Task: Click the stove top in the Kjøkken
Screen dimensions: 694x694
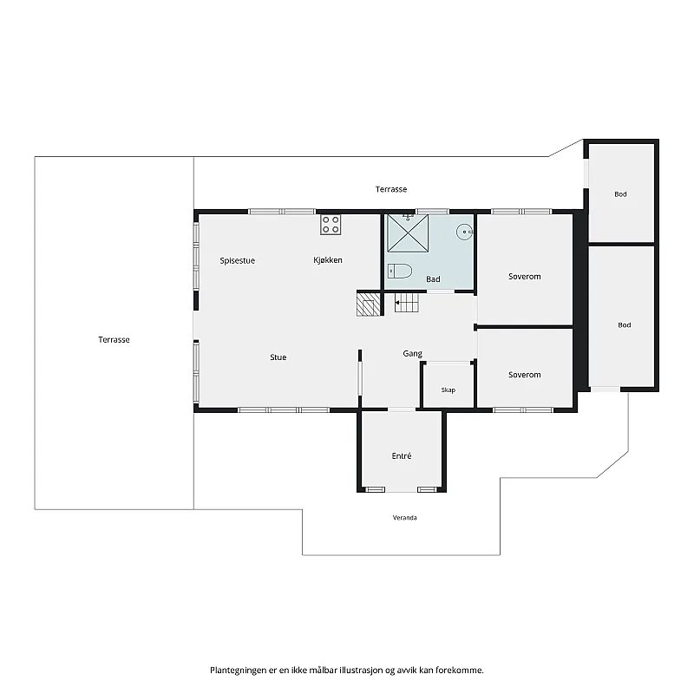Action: tap(331, 225)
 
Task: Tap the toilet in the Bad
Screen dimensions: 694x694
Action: tap(400, 271)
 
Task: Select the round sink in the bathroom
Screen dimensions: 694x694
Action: tap(465, 232)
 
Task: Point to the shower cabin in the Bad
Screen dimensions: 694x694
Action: tap(408, 233)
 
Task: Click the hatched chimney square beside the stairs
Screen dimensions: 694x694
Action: tap(369, 303)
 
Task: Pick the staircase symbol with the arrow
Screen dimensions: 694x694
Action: tap(406, 303)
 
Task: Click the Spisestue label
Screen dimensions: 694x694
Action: tap(237, 261)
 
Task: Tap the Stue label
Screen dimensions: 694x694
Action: tap(278, 357)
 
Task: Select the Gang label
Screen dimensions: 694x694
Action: tap(413, 354)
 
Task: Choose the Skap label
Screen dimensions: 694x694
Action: tap(448, 390)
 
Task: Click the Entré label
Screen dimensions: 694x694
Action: tap(402, 456)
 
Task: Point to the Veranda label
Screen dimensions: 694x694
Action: tap(404, 517)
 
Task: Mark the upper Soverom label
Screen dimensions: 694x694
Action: tap(525, 277)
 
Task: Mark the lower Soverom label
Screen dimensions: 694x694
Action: tap(525, 375)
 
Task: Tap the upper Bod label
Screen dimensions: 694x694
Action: tap(620, 194)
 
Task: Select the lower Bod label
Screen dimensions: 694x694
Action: tap(624, 325)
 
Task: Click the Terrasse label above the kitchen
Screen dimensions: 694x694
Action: tap(391, 189)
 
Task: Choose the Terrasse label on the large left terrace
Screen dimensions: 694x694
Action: tap(114, 340)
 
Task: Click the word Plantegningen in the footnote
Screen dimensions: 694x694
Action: tap(239, 670)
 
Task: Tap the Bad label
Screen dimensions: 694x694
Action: tap(433, 279)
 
